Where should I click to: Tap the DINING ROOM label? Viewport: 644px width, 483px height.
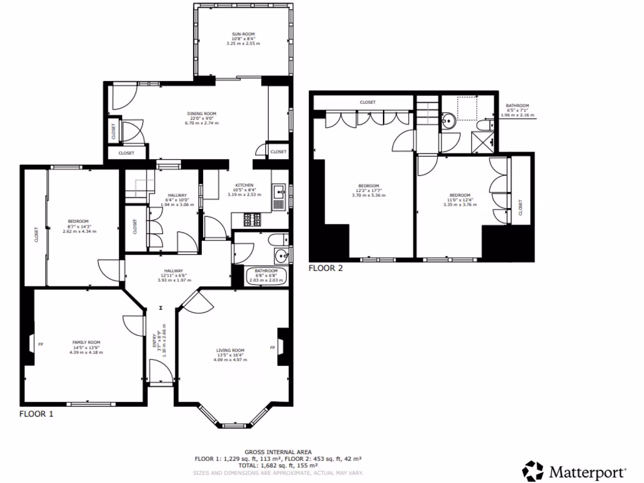(x=203, y=114)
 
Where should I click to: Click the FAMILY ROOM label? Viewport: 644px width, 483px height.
(x=86, y=341)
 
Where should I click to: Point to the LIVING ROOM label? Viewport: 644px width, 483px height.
(x=230, y=350)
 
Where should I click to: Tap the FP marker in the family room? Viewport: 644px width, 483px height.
(x=40, y=344)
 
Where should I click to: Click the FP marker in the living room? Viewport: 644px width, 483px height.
(x=272, y=347)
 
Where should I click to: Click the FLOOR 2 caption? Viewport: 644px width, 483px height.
(x=326, y=268)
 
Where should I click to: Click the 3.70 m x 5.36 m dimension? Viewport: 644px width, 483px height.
(x=369, y=195)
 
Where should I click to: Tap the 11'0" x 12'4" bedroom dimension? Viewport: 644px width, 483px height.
(x=457, y=199)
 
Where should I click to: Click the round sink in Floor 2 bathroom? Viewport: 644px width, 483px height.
(x=450, y=120)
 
